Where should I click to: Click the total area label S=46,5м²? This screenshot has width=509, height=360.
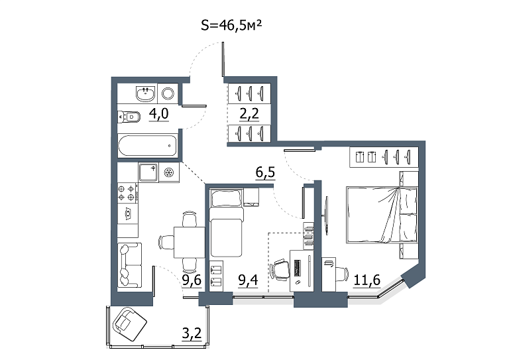click(231, 25)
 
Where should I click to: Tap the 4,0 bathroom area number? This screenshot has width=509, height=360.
click(159, 114)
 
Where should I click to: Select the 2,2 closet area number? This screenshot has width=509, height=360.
click(249, 114)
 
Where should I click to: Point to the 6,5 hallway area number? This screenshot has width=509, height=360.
click(265, 172)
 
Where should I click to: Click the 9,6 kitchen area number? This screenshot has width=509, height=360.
click(192, 280)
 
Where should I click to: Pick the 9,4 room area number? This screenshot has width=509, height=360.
click(248, 280)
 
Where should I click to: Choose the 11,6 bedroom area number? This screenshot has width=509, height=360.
click(367, 280)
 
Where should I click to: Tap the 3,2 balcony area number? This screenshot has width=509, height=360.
click(192, 333)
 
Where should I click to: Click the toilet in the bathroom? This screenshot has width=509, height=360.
click(129, 117)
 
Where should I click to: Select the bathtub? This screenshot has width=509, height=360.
click(148, 146)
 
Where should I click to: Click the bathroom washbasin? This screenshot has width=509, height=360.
click(145, 93)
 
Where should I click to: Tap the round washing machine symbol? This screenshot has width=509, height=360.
click(168, 93)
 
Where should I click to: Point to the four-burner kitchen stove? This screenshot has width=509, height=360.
click(127, 193)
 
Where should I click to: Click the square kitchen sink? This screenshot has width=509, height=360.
click(148, 172)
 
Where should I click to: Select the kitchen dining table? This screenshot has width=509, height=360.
click(190, 243)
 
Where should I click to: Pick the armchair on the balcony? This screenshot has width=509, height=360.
click(129, 324)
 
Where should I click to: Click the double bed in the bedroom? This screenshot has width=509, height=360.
click(382, 215)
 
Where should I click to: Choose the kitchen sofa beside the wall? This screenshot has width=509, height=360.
click(129, 265)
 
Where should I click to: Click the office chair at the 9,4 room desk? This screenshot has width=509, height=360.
click(280, 270)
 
